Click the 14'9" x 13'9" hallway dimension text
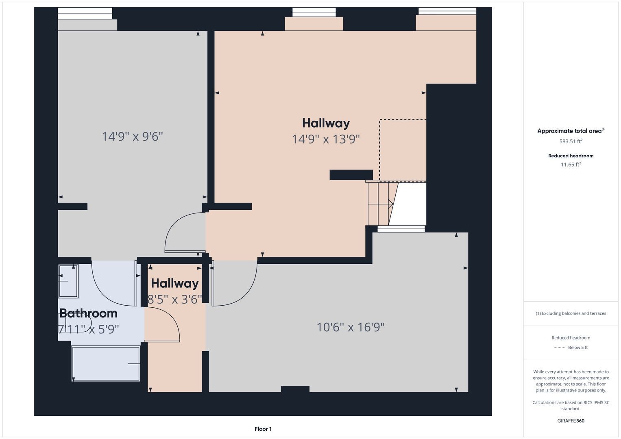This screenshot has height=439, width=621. click(326, 139)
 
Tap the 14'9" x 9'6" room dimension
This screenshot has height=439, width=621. click(132, 136)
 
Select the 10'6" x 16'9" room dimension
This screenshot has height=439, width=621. click(351, 327)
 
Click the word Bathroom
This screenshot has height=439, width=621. click(88, 313)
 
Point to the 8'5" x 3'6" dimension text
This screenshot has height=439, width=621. click(174, 299)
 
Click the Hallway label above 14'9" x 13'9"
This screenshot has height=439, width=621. click(326, 123)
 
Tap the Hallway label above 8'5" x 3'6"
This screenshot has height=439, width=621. click(174, 283)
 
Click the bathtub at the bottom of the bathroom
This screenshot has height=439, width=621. click(106, 364)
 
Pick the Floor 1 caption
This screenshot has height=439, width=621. click(263, 429)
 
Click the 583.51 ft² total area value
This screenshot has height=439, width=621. click(571, 141)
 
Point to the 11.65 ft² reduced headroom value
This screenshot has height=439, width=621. click(571, 164)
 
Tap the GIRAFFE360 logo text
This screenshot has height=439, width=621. click(571, 421)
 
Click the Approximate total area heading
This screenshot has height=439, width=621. click(571, 131)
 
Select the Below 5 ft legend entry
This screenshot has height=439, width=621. click(571, 348)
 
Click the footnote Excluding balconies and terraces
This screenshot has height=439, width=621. click(571, 313)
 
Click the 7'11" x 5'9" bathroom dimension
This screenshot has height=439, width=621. click(88, 329)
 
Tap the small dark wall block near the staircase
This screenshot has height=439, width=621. click(351, 175)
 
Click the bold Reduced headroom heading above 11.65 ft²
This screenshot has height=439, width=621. click(571, 156)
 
